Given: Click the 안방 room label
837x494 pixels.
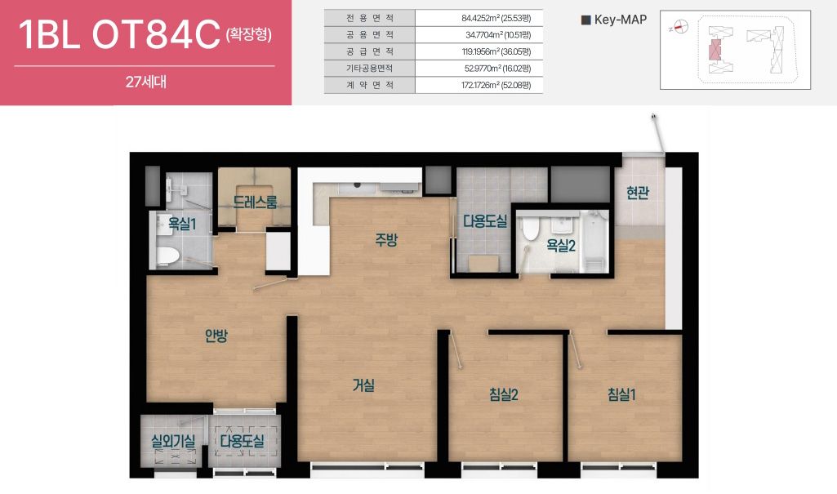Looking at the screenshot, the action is coord(216,336).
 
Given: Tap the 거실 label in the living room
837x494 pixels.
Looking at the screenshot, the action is coord(363,385).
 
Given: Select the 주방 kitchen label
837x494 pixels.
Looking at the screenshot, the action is coord(386,240).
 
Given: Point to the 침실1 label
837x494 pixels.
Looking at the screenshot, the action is coord(621,394).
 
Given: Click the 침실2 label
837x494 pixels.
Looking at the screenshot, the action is coord(503,394).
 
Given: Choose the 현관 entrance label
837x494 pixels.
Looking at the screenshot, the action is coord(638,193).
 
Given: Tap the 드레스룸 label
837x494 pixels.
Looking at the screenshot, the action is coord(255,202).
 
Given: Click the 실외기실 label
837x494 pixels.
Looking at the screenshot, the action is coord(173,441).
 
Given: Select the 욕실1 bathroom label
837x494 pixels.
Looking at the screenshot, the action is coord(182,224).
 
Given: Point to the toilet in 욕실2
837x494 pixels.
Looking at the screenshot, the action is coord(531,228).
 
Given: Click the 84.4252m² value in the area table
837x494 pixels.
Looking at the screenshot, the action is coord(496,18).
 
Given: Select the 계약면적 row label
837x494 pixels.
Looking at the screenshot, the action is coord(370,85).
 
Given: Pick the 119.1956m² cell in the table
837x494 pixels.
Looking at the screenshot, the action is coord(496,51).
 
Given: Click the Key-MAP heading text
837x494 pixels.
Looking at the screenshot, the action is coord(621,20).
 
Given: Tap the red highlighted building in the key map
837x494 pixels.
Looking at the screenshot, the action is coord(715,50).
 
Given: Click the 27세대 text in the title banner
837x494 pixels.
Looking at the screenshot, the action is coord(145,82).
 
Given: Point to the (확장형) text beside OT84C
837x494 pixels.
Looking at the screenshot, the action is coord(249,35).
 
